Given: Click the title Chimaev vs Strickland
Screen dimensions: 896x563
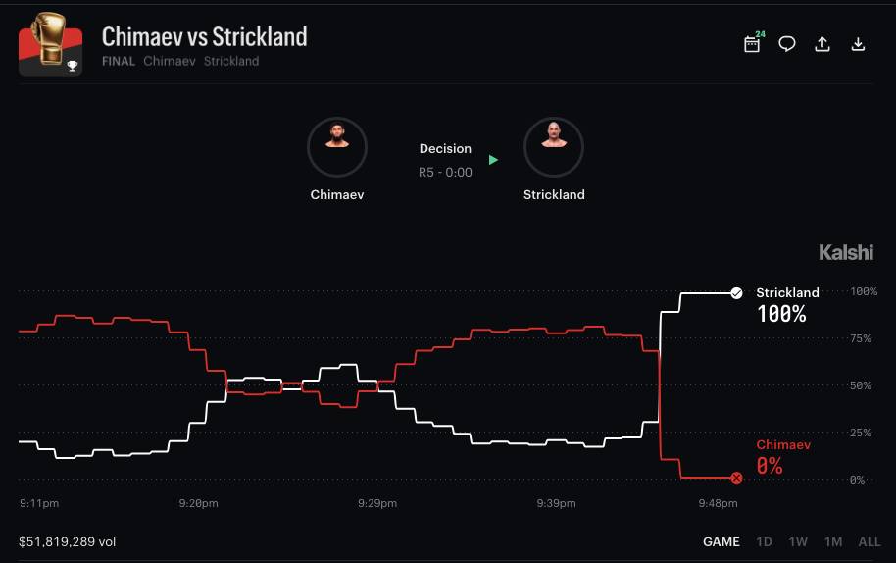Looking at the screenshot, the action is (205, 36).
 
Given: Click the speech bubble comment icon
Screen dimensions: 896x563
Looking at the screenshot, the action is (787, 44).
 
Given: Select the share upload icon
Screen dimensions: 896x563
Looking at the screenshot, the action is (822, 44).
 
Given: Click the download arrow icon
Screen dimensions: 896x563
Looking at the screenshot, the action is (858, 44).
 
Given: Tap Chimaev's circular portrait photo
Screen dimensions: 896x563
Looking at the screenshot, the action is (337, 147).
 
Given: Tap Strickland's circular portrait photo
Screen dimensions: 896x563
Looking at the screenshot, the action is (554, 147).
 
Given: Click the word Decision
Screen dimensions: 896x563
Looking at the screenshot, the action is (445, 149).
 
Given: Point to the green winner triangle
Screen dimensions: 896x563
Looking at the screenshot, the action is (493, 160).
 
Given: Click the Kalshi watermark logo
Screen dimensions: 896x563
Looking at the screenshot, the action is (846, 252).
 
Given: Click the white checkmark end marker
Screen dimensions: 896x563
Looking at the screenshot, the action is (736, 293).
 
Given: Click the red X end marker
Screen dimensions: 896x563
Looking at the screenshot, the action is (736, 478).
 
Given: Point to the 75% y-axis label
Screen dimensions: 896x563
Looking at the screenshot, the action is (861, 339).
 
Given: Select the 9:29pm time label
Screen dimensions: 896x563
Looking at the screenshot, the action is (377, 503).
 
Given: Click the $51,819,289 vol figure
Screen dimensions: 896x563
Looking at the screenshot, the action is (68, 541).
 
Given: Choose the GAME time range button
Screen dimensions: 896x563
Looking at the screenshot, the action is (722, 541).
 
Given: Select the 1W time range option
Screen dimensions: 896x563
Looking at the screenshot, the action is (798, 541).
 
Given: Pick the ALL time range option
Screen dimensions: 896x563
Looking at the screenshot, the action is (870, 541).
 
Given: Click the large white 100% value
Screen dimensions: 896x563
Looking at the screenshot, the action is (781, 314).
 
